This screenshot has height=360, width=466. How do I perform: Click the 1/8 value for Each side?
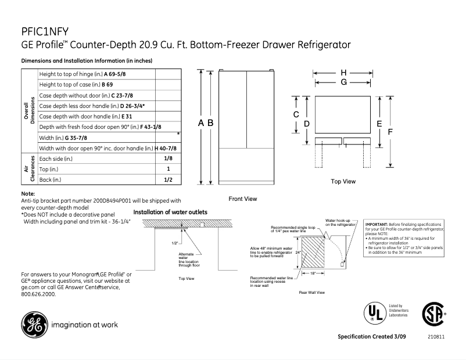168,159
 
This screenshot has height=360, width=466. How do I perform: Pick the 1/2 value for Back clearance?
168,180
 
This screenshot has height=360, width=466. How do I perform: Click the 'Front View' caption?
242,199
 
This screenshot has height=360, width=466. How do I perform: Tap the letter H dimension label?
343,73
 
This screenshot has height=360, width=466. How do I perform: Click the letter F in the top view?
390,132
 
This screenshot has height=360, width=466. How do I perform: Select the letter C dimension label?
296,115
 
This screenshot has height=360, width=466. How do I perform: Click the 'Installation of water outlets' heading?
170,213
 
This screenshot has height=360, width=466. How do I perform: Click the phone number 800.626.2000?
38,294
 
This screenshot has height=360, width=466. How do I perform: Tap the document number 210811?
436,337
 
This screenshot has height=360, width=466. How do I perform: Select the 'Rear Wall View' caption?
311,292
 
